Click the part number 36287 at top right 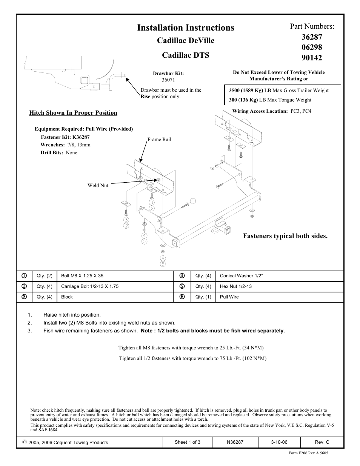(x=312, y=37)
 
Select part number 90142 (x=312, y=58)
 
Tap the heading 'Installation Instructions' (x=186, y=28)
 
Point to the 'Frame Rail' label (x=159, y=140)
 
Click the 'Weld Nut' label (x=98, y=185)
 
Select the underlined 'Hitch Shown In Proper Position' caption (x=73, y=113)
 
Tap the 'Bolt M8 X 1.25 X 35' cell (x=82, y=276)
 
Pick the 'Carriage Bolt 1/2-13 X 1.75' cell (x=90, y=286)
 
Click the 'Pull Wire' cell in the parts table (x=229, y=297)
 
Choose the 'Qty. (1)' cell (x=203, y=297)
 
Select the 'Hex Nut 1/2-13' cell (x=236, y=286)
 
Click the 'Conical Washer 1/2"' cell (x=241, y=276)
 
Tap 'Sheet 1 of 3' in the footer (x=188, y=442)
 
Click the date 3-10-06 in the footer (x=279, y=442)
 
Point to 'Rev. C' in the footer (x=322, y=442)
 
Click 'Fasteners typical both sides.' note (x=285, y=236)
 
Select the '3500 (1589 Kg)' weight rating (x=246, y=91)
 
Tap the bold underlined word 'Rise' (x=145, y=97)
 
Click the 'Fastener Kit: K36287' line (x=65, y=137)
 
